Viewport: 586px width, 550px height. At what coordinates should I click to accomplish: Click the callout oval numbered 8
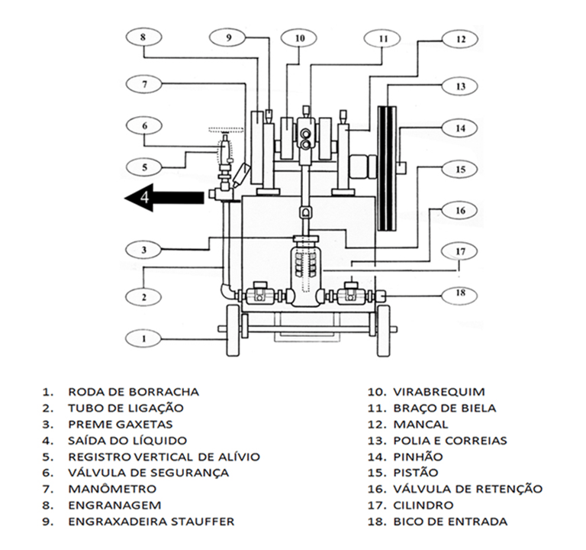click(144, 37)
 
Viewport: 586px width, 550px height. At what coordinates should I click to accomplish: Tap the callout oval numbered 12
click(460, 39)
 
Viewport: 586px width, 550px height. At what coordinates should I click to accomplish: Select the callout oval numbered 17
click(460, 251)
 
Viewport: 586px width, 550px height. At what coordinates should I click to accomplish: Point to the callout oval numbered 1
click(144, 339)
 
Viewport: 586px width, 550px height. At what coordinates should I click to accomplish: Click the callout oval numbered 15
click(460, 170)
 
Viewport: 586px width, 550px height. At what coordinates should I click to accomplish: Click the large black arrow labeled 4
click(165, 198)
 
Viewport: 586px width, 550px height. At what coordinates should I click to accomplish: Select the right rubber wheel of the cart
click(383, 331)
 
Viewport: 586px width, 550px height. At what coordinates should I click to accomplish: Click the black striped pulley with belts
click(387, 168)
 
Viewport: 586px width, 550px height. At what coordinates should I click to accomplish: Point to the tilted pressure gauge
click(241, 175)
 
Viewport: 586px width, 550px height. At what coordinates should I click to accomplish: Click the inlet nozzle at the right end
click(380, 296)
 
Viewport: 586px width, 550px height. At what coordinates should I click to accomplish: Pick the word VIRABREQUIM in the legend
click(439, 392)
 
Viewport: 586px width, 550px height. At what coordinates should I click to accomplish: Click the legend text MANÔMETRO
click(112, 489)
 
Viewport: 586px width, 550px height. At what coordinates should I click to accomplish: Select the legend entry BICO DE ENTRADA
click(450, 521)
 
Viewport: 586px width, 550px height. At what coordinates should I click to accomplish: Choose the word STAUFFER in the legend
click(201, 521)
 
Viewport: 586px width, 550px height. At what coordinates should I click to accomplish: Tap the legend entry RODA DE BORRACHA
click(133, 392)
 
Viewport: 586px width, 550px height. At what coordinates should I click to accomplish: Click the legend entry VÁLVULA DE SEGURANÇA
click(148, 473)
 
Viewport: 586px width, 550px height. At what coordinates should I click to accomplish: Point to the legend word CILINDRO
click(423, 505)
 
